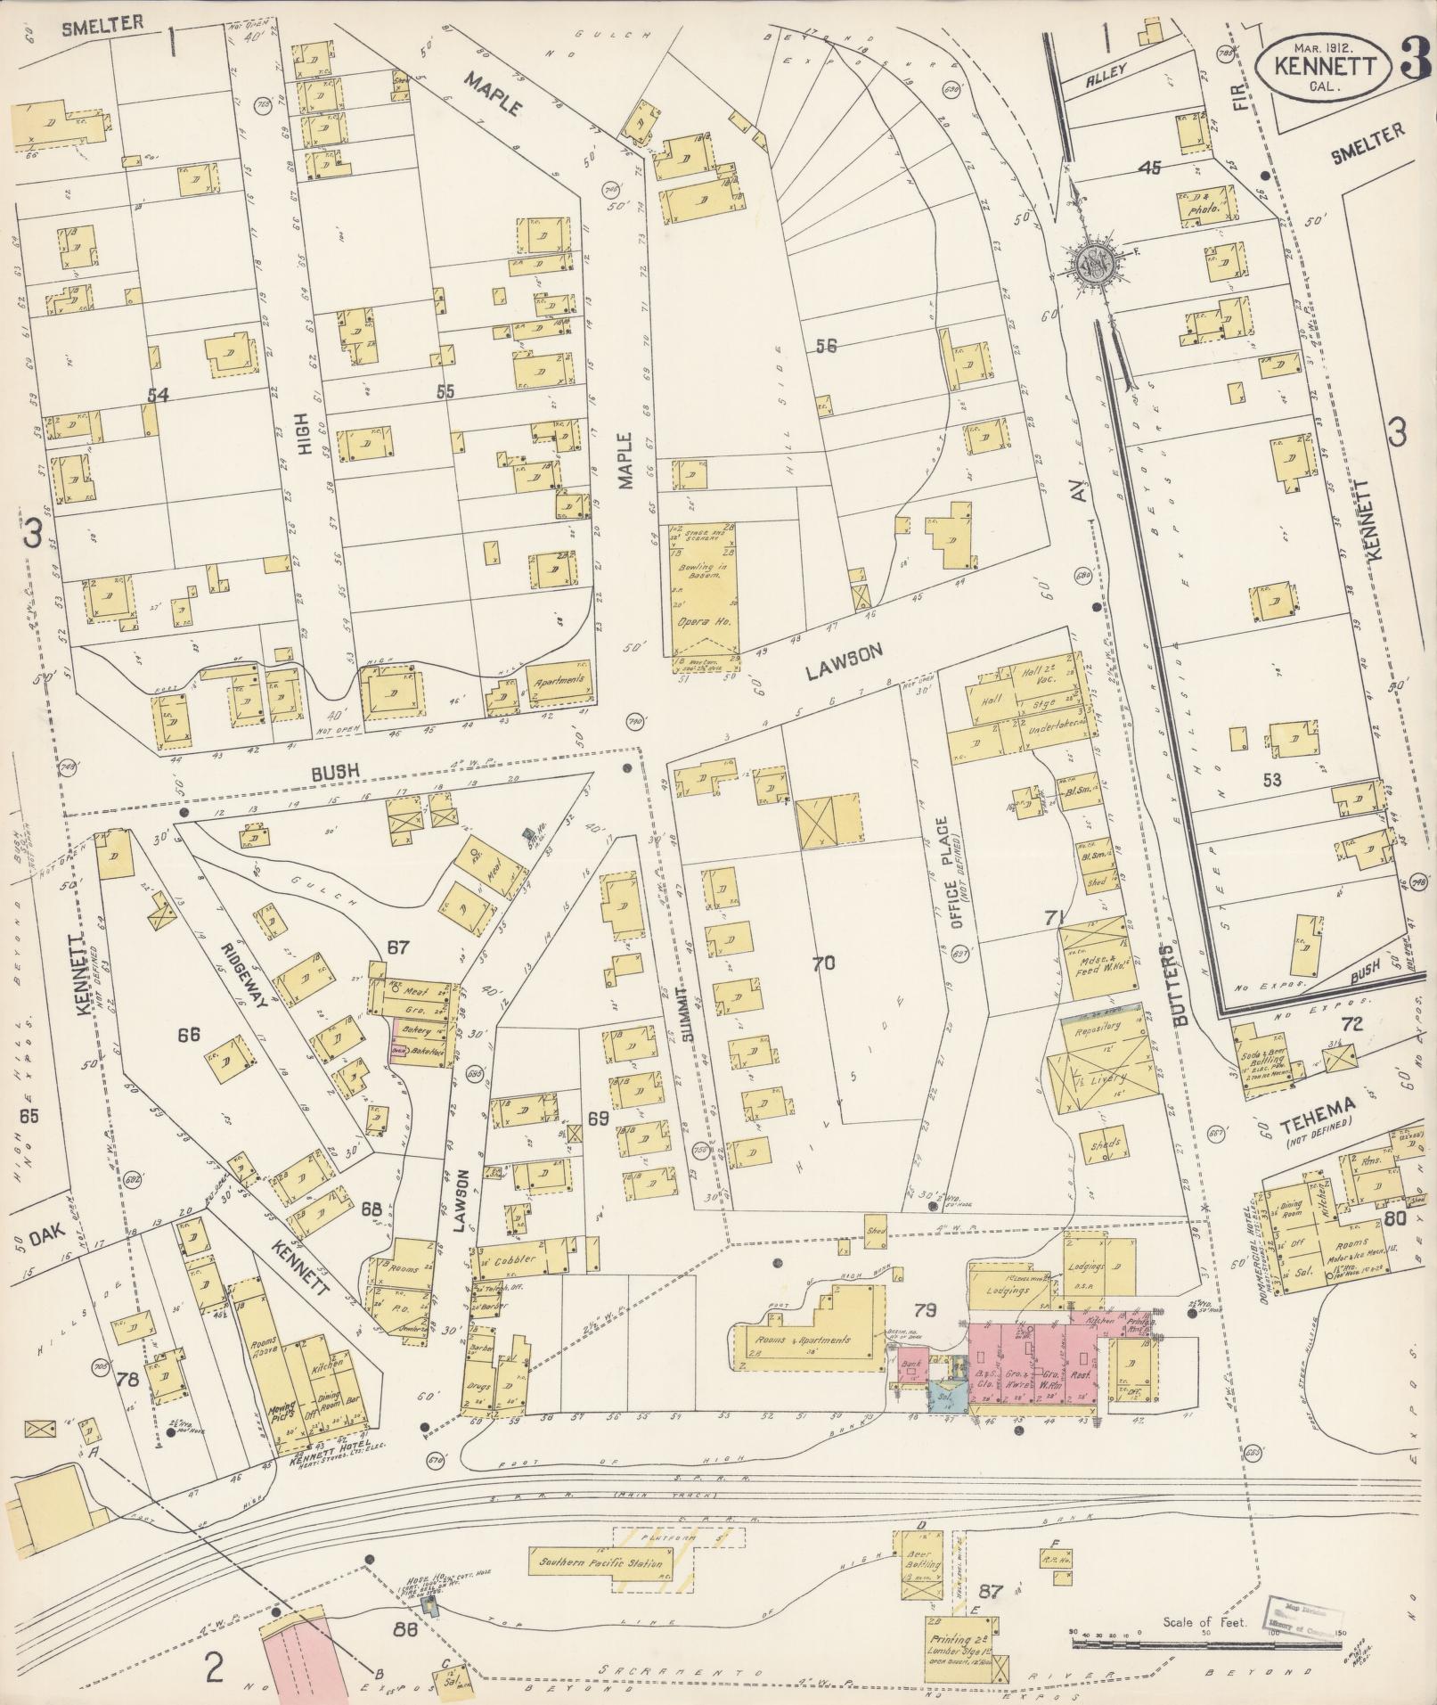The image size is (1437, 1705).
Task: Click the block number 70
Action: click(825, 962)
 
